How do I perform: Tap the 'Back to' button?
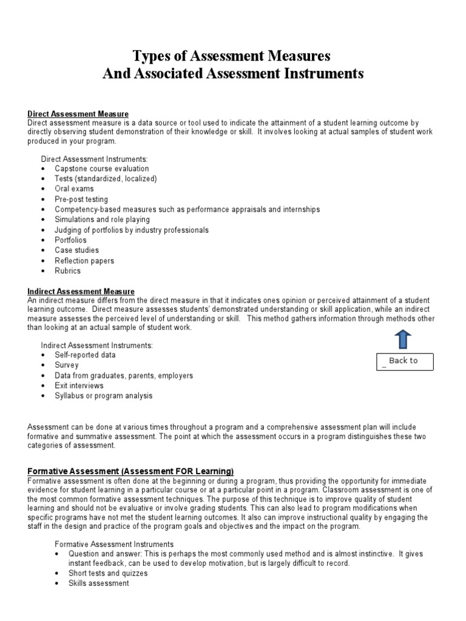pyautogui.click(x=404, y=361)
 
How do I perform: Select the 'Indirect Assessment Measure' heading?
pyautogui.click(x=81, y=292)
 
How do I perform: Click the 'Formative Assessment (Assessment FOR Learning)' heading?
pyautogui.click(x=130, y=471)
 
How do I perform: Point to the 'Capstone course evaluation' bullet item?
pyautogui.click(x=101, y=169)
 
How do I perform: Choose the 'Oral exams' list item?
pyautogui.click(x=74, y=189)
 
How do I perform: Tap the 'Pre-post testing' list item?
pyautogui.click(x=81, y=199)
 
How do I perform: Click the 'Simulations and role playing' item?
pyautogui.click(x=102, y=220)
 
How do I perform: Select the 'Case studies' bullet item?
pyautogui.click(x=76, y=250)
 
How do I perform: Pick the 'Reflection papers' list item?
pyautogui.click(x=84, y=261)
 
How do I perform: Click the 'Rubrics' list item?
pyautogui.click(x=67, y=270)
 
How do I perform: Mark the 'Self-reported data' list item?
pyautogui.click(x=85, y=355)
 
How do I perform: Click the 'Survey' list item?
pyautogui.click(x=67, y=365)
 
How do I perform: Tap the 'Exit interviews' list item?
pyautogui.click(x=79, y=386)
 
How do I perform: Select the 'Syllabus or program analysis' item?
pyautogui.click(x=103, y=395)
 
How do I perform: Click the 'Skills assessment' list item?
pyautogui.click(x=98, y=583)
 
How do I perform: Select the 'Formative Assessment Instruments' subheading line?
pyautogui.click(x=114, y=544)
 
